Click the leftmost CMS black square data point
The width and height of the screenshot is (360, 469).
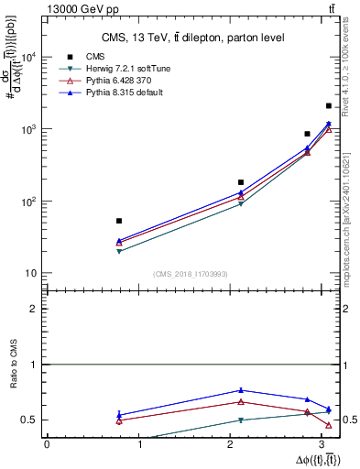(x=119, y=221)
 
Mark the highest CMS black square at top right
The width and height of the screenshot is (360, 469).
(x=329, y=106)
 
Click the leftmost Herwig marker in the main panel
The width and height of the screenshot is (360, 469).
(x=119, y=251)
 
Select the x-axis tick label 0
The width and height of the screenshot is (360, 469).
(x=47, y=444)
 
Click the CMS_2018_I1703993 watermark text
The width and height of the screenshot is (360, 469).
(x=191, y=274)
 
